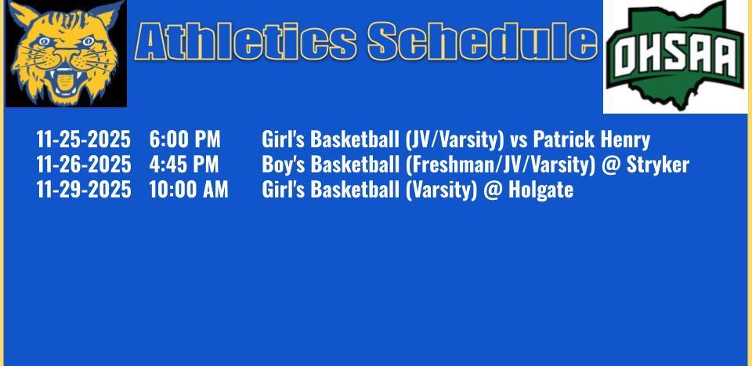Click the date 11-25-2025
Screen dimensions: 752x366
[x=83, y=140]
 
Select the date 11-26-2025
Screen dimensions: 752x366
[x=84, y=165]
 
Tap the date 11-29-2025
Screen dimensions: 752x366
[x=84, y=190]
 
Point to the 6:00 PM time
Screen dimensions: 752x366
[x=185, y=140]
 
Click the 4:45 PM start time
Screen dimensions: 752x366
[x=183, y=165]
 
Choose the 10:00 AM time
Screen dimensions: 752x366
[x=189, y=190]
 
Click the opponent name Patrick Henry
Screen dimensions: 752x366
[x=592, y=140]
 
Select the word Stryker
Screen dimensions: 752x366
[x=658, y=165]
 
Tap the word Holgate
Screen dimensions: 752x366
[x=540, y=190]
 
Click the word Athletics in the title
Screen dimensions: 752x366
[x=245, y=42]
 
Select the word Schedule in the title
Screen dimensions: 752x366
[x=483, y=42]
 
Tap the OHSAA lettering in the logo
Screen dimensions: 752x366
[x=676, y=56]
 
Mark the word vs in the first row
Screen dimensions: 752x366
[x=519, y=140]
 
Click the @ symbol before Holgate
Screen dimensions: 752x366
[x=493, y=190]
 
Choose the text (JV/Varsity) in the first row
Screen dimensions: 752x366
[x=454, y=140]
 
